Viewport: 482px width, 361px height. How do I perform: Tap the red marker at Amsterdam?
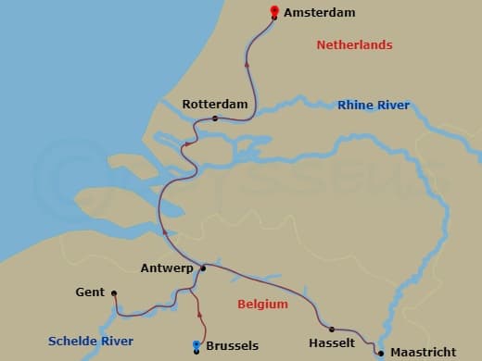[x=274, y=12]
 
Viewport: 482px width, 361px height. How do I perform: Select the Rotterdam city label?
[x=215, y=105]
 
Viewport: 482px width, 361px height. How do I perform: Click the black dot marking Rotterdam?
[x=215, y=118]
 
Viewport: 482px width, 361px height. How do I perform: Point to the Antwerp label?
[x=166, y=268]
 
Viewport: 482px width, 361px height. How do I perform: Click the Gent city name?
[x=90, y=293]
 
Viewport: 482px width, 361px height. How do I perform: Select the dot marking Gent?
[x=114, y=294]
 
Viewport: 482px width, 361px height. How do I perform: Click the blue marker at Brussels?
[x=196, y=346]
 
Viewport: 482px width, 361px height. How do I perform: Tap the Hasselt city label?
[x=332, y=342]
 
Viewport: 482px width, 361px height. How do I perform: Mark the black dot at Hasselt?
[x=332, y=329]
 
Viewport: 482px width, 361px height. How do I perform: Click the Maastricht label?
[x=424, y=353]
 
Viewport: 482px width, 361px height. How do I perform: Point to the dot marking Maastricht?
[x=381, y=353]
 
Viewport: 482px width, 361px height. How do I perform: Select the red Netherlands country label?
[x=354, y=45]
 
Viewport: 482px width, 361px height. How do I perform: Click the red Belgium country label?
[x=262, y=304]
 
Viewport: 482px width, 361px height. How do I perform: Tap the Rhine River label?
[x=374, y=106]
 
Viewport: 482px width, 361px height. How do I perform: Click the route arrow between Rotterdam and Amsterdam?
[x=247, y=64]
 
